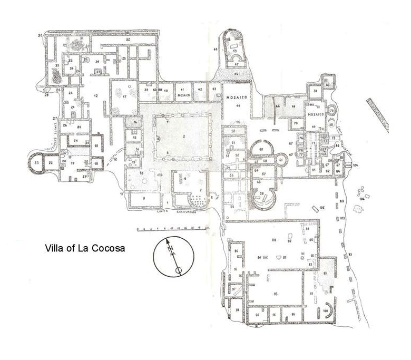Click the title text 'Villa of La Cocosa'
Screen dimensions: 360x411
pyautogui.click(x=85, y=248)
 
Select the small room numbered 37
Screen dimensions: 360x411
pyautogui.click(x=98, y=71)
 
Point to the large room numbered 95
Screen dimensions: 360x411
pyautogui.click(x=275, y=293)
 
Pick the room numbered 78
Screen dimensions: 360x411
pyautogui.click(x=314, y=92)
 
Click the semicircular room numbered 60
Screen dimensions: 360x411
pyautogui.click(x=261, y=150)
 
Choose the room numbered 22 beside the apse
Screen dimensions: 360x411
pyautogui.click(x=51, y=164)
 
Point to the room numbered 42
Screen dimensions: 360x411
pyautogui.click(x=199, y=90)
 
